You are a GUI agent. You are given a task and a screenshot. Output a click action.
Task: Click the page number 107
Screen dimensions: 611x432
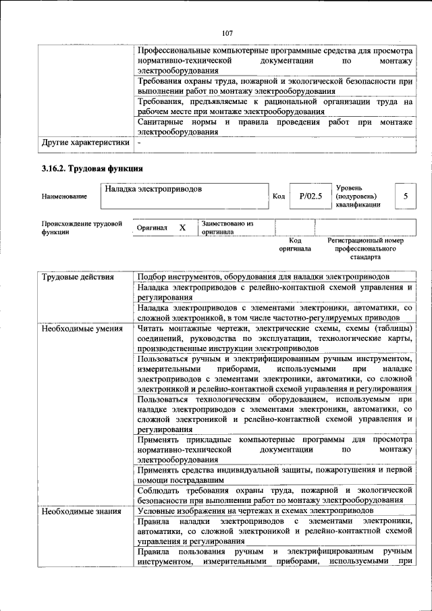[227, 33]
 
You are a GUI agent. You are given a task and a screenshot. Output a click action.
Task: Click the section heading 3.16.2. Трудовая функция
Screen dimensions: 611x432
[91, 168]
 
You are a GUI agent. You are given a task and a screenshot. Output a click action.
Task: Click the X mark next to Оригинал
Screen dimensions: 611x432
[182, 228]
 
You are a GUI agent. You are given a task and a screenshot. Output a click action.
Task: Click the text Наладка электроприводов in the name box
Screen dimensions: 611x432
[153, 189]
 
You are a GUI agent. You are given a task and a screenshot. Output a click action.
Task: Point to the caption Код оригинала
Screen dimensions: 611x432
[294, 244]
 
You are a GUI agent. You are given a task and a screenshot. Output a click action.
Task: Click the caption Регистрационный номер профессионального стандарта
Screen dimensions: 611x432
[364, 248]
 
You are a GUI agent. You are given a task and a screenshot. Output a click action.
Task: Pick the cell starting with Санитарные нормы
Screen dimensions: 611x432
[273, 127]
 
